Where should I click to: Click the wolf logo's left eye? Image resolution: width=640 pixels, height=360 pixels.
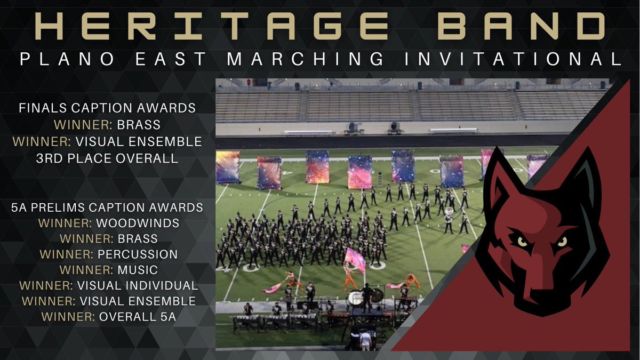coord(523,241)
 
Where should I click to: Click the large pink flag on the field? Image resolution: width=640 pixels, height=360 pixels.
coord(355,258)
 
